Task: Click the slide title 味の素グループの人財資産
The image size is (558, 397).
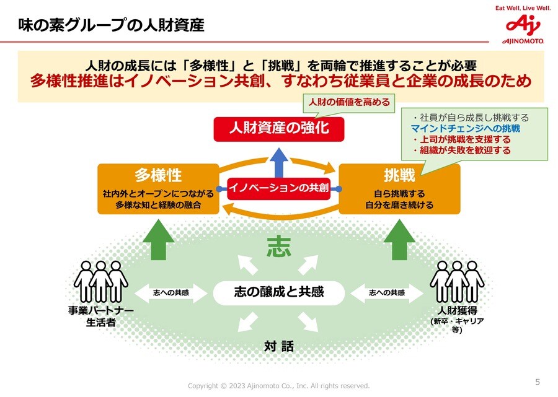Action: coord(110,26)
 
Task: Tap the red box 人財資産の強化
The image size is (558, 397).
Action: coord(278,128)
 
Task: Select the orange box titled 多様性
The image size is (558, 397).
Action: coord(158,188)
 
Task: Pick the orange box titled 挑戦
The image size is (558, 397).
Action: coord(399,188)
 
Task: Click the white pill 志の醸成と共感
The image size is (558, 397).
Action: coord(278,292)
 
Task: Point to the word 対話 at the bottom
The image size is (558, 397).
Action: coord(278,346)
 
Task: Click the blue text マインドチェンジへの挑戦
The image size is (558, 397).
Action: coord(465,129)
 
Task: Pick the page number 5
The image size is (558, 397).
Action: coord(537,382)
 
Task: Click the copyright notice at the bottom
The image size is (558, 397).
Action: coord(278,386)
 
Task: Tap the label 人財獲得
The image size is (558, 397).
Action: coord(457,310)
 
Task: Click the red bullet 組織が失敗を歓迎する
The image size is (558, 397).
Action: coord(465,151)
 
